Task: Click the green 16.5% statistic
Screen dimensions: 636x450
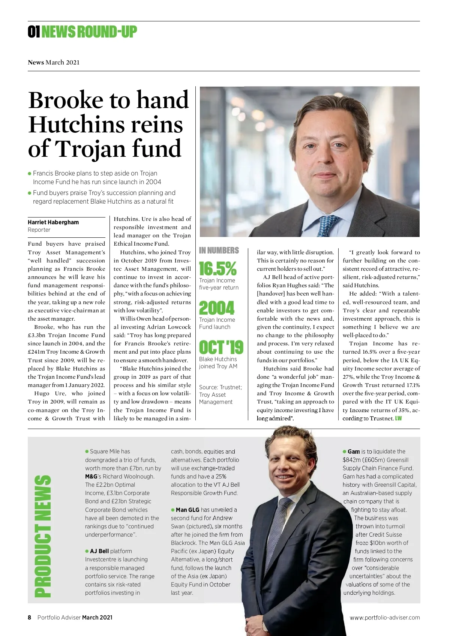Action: pos(217,268)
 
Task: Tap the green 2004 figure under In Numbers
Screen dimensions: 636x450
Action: pos(216,308)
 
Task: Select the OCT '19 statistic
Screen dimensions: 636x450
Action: pos(221,347)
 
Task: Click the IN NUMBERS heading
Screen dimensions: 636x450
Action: pos(219,250)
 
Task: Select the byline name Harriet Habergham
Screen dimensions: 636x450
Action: pos(53,222)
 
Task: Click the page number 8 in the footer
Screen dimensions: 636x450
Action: pos(30,617)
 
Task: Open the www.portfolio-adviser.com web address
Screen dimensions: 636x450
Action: pos(384,617)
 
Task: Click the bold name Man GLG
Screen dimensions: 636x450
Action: pos(187,510)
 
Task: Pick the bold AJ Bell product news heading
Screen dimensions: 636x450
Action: pos(99,551)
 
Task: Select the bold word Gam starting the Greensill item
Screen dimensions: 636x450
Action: pos(353,451)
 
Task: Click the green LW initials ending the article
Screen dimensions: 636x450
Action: pos(398,418)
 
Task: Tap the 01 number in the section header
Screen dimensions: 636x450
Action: pos(34,32)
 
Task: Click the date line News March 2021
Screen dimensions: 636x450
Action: pos(54,62)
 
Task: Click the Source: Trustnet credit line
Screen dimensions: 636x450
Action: pos(220,387)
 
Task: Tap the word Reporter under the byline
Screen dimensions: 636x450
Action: pos(39,230)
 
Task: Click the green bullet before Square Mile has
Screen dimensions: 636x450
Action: pos(87,451)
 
